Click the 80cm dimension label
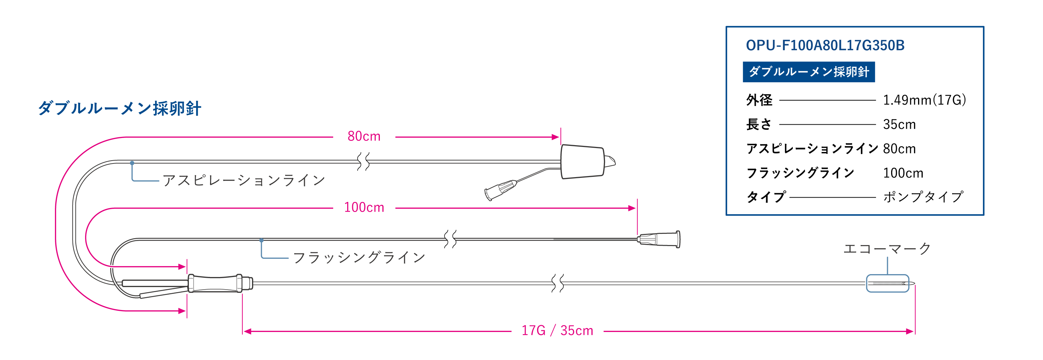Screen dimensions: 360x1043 (364, 137)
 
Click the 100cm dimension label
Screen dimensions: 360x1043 (364, 208)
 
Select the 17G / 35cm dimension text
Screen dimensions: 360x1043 (557, 331)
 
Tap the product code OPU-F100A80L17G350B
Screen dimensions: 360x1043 (825, 45)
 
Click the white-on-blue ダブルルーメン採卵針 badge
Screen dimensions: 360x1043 (809, 71)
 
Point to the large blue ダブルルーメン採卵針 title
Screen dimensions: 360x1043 (120, 109)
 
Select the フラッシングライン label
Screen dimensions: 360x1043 (359, 258)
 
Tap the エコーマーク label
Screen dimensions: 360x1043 (887, 249)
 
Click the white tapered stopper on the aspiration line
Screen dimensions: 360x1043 (582, 162)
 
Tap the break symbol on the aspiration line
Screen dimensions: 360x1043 (363, 162)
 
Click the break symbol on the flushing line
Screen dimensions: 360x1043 (450, 239)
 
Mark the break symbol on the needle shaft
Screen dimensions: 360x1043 (558, 283)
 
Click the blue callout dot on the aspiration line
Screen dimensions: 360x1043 (132, 163)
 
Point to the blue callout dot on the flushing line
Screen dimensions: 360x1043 (262, 241)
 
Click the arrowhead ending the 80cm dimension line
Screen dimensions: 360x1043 (556, 137)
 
